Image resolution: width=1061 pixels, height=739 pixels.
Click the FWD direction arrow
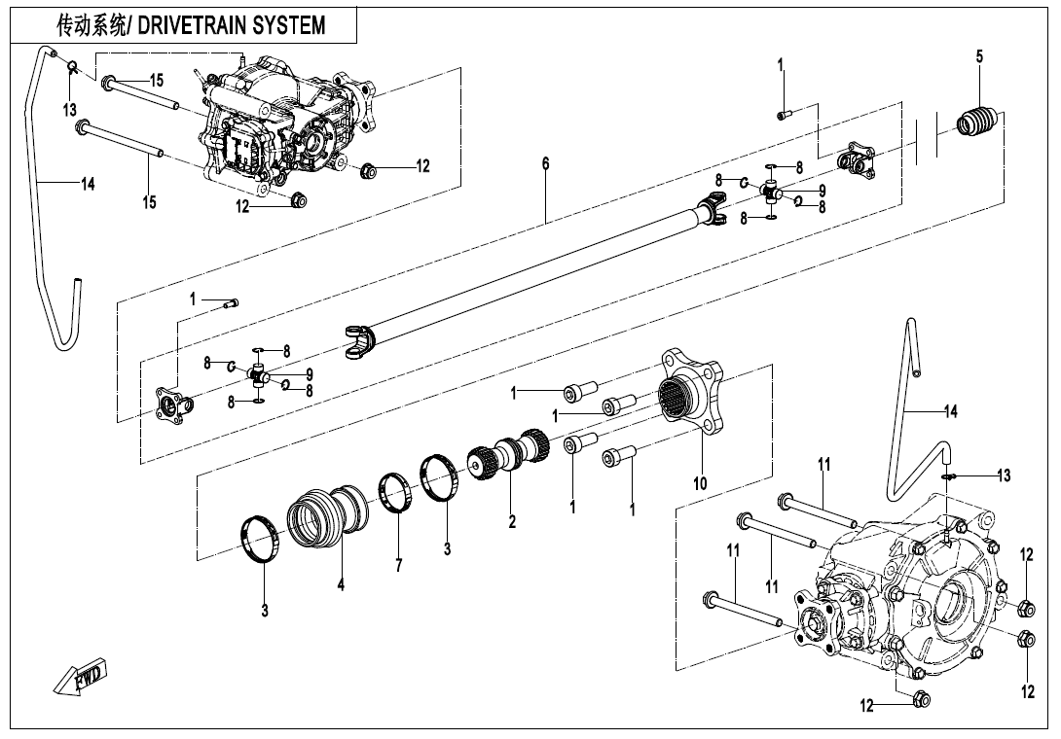(81, 677)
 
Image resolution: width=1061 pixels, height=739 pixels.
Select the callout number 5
(979, 57)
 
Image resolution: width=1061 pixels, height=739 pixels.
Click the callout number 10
(699, 481)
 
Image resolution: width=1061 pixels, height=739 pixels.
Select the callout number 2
(512, 522)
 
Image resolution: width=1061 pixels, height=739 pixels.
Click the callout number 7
(399, 565)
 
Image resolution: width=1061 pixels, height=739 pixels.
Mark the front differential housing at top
(282, 122)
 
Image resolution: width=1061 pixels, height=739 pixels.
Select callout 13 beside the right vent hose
(1003, 475)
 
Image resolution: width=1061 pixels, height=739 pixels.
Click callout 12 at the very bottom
(866, 707)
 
